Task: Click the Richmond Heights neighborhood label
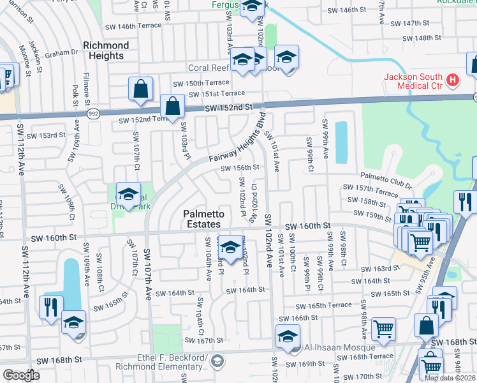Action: click(x=106, y=50)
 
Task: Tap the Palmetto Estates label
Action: click(x=202, y=219)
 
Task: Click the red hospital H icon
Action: click(x=452, y=80)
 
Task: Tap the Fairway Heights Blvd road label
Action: click(x=236, y=143)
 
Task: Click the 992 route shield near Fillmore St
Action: click(x=93, y=113)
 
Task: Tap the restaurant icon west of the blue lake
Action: click(x=50, y=306)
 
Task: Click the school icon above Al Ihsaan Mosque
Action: click(x=288, y=336)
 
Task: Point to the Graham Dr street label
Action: click(x=65, y=54)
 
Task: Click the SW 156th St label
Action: click(x=240, y=168)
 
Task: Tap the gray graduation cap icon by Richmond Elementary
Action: click(x=218, y=362)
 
